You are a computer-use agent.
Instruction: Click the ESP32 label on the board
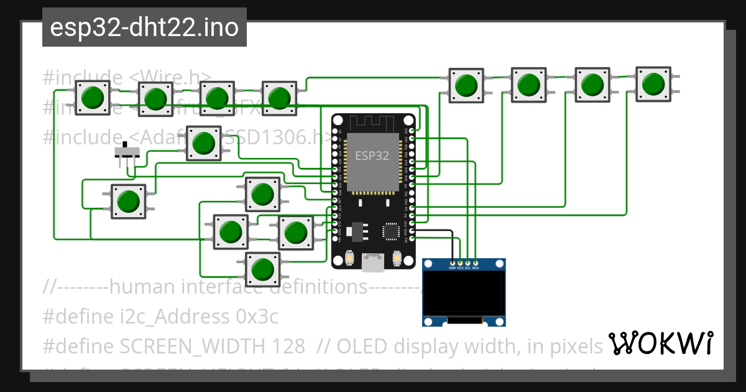point(372,156)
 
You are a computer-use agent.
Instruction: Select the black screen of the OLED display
point(463,292)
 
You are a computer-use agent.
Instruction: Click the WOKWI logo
point(660,343)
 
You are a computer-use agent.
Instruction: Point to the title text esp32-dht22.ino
point(144,28)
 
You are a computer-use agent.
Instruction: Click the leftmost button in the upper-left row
point(93,98)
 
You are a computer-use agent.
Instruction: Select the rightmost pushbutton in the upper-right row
point(653,83)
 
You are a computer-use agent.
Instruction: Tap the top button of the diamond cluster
point(262,194)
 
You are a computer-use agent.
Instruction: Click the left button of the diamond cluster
point(231,231)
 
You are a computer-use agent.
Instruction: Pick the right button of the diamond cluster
point(295,232)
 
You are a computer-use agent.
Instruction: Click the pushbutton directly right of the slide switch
point(203,143)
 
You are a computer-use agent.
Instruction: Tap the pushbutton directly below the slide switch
point(129,201)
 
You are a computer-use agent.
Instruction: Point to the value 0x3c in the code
point(257,317)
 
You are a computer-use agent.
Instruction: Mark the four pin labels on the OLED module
point(464,268)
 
